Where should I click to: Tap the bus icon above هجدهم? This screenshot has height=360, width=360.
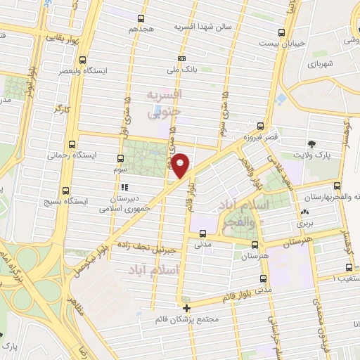pyautogui.click(x=141, y=18)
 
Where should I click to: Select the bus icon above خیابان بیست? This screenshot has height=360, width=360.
pyautogui.click(x=281, y=32)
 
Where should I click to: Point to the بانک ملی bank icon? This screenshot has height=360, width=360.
pyautogui.click(x=182, y=58)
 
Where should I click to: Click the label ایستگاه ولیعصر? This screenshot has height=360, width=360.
pyautogui.click(x=84, y=72)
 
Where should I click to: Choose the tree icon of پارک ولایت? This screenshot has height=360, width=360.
pyautogui.click(x=311, y=144)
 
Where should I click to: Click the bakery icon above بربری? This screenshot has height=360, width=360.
pyautogui.click(x=304, y=212)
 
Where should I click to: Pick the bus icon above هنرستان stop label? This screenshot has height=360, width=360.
pyautogui.click(x=255, y=244)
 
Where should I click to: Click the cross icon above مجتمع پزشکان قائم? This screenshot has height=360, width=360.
pyautogui.click(x=186, y=308)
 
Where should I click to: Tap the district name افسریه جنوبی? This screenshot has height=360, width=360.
pyautogui.click(x=165, y=102)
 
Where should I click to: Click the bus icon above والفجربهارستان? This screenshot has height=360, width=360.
pyautogui.click(x=337, y=186)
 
